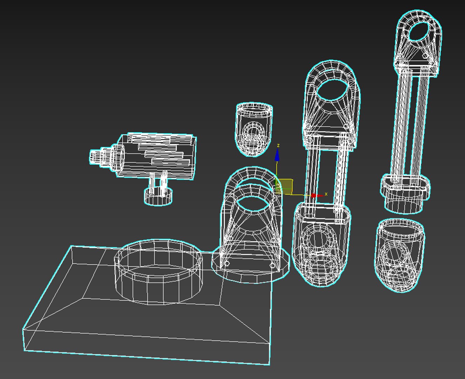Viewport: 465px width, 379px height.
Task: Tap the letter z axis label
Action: tap(278, 145)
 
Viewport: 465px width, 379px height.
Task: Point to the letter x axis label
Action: tap(326, 194)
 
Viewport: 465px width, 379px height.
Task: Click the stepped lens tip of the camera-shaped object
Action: tap(95, 157)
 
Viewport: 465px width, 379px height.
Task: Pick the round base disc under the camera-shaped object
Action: tap(158, 197)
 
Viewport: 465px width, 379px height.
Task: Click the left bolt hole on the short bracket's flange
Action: tap(227, 263)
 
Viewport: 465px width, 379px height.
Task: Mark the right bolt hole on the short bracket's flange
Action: tap(272, 266)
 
